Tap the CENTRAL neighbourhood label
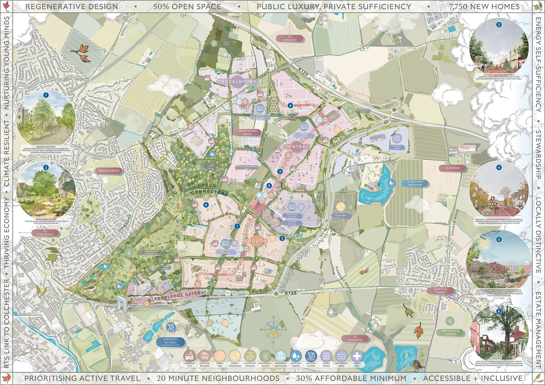(x=297, y=147)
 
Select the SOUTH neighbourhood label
(x=257, y=241)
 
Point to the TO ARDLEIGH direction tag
(x=289, y=38)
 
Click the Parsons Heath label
(x=108, y=171)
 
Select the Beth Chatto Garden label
(x=451, y=332)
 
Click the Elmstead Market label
(x=441, y=291)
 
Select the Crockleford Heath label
(x=247, y=133)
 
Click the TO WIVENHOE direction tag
(x=355, y=338)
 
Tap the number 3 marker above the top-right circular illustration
(x=499, y=25)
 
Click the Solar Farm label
(x=340, y=215)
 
